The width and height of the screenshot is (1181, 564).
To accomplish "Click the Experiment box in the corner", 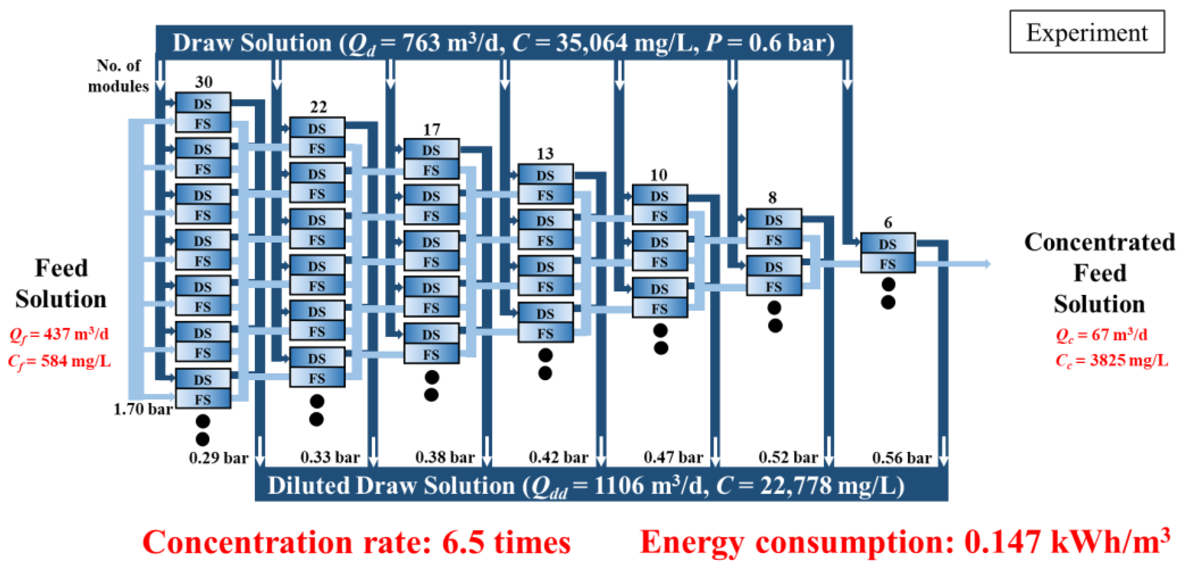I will [x=1086, y=32].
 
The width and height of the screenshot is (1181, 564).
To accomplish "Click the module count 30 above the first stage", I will [x=203, y=82].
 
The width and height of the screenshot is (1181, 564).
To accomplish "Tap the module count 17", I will [x=431, y=130].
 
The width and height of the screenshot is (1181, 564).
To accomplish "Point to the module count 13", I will [x=545, y=154].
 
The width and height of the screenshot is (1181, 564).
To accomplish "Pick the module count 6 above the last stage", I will [x=888, y=223].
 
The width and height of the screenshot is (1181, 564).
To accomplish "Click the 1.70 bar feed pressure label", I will [x=143, y=409].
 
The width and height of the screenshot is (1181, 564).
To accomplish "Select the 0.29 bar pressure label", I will [x=218, y=458].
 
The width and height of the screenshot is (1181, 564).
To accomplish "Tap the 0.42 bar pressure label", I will [x=559, y=457].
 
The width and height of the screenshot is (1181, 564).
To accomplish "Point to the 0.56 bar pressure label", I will [x=901, y=458].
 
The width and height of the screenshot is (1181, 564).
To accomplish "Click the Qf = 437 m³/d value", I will [x=60, y=334].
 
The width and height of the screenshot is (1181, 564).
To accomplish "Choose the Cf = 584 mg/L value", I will [x=60, y=361].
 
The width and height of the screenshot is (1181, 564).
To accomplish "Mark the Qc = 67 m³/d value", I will [x=1101, y=335].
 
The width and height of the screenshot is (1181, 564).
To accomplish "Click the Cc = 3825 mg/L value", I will [x=1111, y=360].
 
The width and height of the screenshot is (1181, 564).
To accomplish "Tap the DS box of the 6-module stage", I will [x=888, y=244].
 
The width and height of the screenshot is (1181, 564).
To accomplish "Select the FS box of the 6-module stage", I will [x=888, y=264].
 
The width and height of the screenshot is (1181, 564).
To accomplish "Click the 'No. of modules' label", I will [x=118, y=76].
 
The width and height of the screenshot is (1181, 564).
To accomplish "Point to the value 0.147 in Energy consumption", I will [x=1002, y=542].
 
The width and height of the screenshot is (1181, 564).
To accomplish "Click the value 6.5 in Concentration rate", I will [x=462, y=543].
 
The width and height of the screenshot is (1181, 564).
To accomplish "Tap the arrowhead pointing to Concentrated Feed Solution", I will [x=986, y=264].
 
